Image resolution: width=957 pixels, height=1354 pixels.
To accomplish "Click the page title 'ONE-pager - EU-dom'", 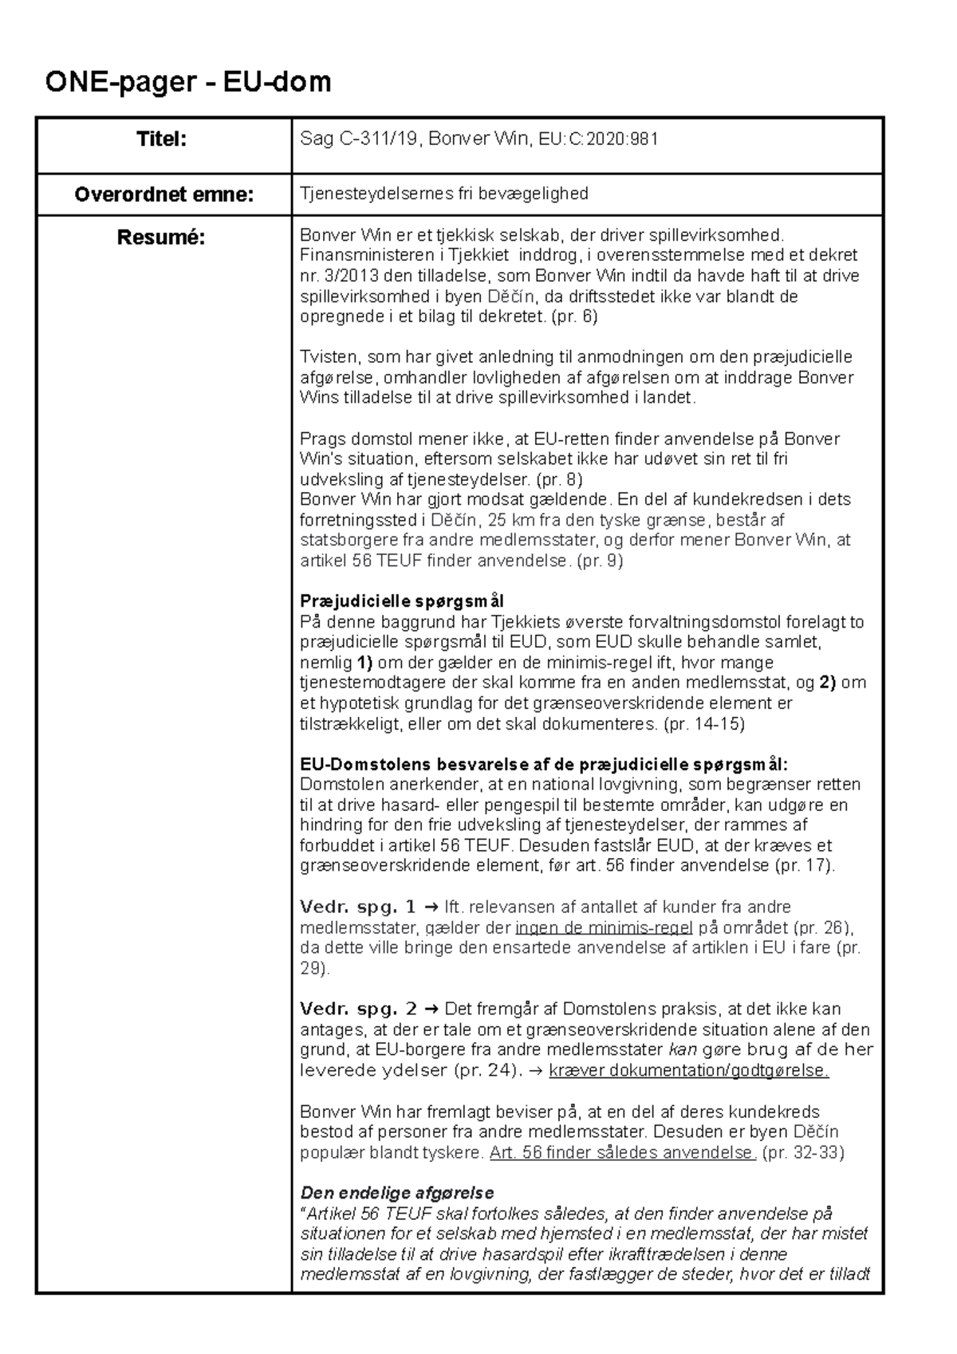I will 187,81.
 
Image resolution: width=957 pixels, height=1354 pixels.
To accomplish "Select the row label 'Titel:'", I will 162,140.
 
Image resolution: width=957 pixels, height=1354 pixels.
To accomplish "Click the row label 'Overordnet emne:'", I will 163,194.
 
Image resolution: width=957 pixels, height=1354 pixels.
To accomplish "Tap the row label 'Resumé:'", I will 161,237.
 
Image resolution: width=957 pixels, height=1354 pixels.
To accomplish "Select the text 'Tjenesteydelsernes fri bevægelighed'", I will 443,194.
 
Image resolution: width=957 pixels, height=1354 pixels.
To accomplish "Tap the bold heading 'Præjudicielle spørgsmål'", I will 401,600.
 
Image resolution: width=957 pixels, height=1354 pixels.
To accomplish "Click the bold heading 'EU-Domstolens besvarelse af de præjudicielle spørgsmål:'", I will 543,764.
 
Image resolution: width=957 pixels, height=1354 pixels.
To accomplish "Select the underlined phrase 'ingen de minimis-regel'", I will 605,927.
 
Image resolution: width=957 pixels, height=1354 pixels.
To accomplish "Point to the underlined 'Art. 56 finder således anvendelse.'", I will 622,1152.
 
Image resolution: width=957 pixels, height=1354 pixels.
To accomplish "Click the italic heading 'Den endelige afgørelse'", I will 396,1193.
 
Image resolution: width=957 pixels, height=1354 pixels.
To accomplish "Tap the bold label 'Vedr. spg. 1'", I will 357,907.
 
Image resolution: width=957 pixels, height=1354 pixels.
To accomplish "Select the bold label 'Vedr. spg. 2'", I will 358,1009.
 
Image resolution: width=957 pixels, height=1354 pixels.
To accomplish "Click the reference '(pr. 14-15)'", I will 703,724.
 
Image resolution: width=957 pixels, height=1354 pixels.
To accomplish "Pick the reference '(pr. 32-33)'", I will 803,1152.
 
